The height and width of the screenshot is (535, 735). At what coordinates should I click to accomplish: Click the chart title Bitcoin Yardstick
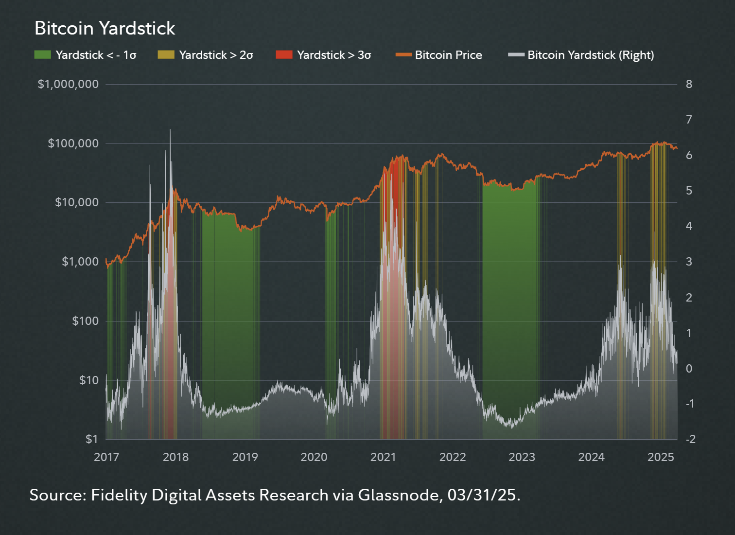(x=105, y=28)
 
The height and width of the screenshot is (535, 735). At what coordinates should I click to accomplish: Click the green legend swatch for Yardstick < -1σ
(x=43, y=54)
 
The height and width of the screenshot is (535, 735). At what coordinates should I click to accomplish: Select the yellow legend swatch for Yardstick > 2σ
(x=166, y=54)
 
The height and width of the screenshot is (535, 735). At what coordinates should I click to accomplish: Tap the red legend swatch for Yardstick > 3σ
(x=284, y=54)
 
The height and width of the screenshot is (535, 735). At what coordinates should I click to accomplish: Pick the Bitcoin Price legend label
(x=448, y=55)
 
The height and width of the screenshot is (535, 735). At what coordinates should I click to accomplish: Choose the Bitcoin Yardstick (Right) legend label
(x=591, y=55)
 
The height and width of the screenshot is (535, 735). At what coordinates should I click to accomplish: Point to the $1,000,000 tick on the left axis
(x=68, y=84)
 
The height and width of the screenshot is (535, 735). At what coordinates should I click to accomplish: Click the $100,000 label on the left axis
(x=73, y=143)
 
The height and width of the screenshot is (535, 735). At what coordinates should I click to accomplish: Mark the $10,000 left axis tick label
(x=76, y=202)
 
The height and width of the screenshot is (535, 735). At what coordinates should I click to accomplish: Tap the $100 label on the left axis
(x=85, y=321)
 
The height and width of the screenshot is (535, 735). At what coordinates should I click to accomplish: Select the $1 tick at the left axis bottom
(x=92, y=439)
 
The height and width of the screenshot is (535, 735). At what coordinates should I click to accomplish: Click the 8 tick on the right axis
(x=689, y=84)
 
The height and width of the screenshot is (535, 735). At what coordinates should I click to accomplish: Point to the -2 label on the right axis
(x=691, y=439)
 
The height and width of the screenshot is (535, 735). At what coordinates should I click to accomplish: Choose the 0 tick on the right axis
(x=689, y=368)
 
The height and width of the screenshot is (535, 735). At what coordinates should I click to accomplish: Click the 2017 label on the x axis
(x=106, y=457)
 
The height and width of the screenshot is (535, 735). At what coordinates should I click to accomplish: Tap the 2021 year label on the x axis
(x=383, y=457)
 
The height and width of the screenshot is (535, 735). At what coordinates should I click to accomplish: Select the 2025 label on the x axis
(x=661, y=457)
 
